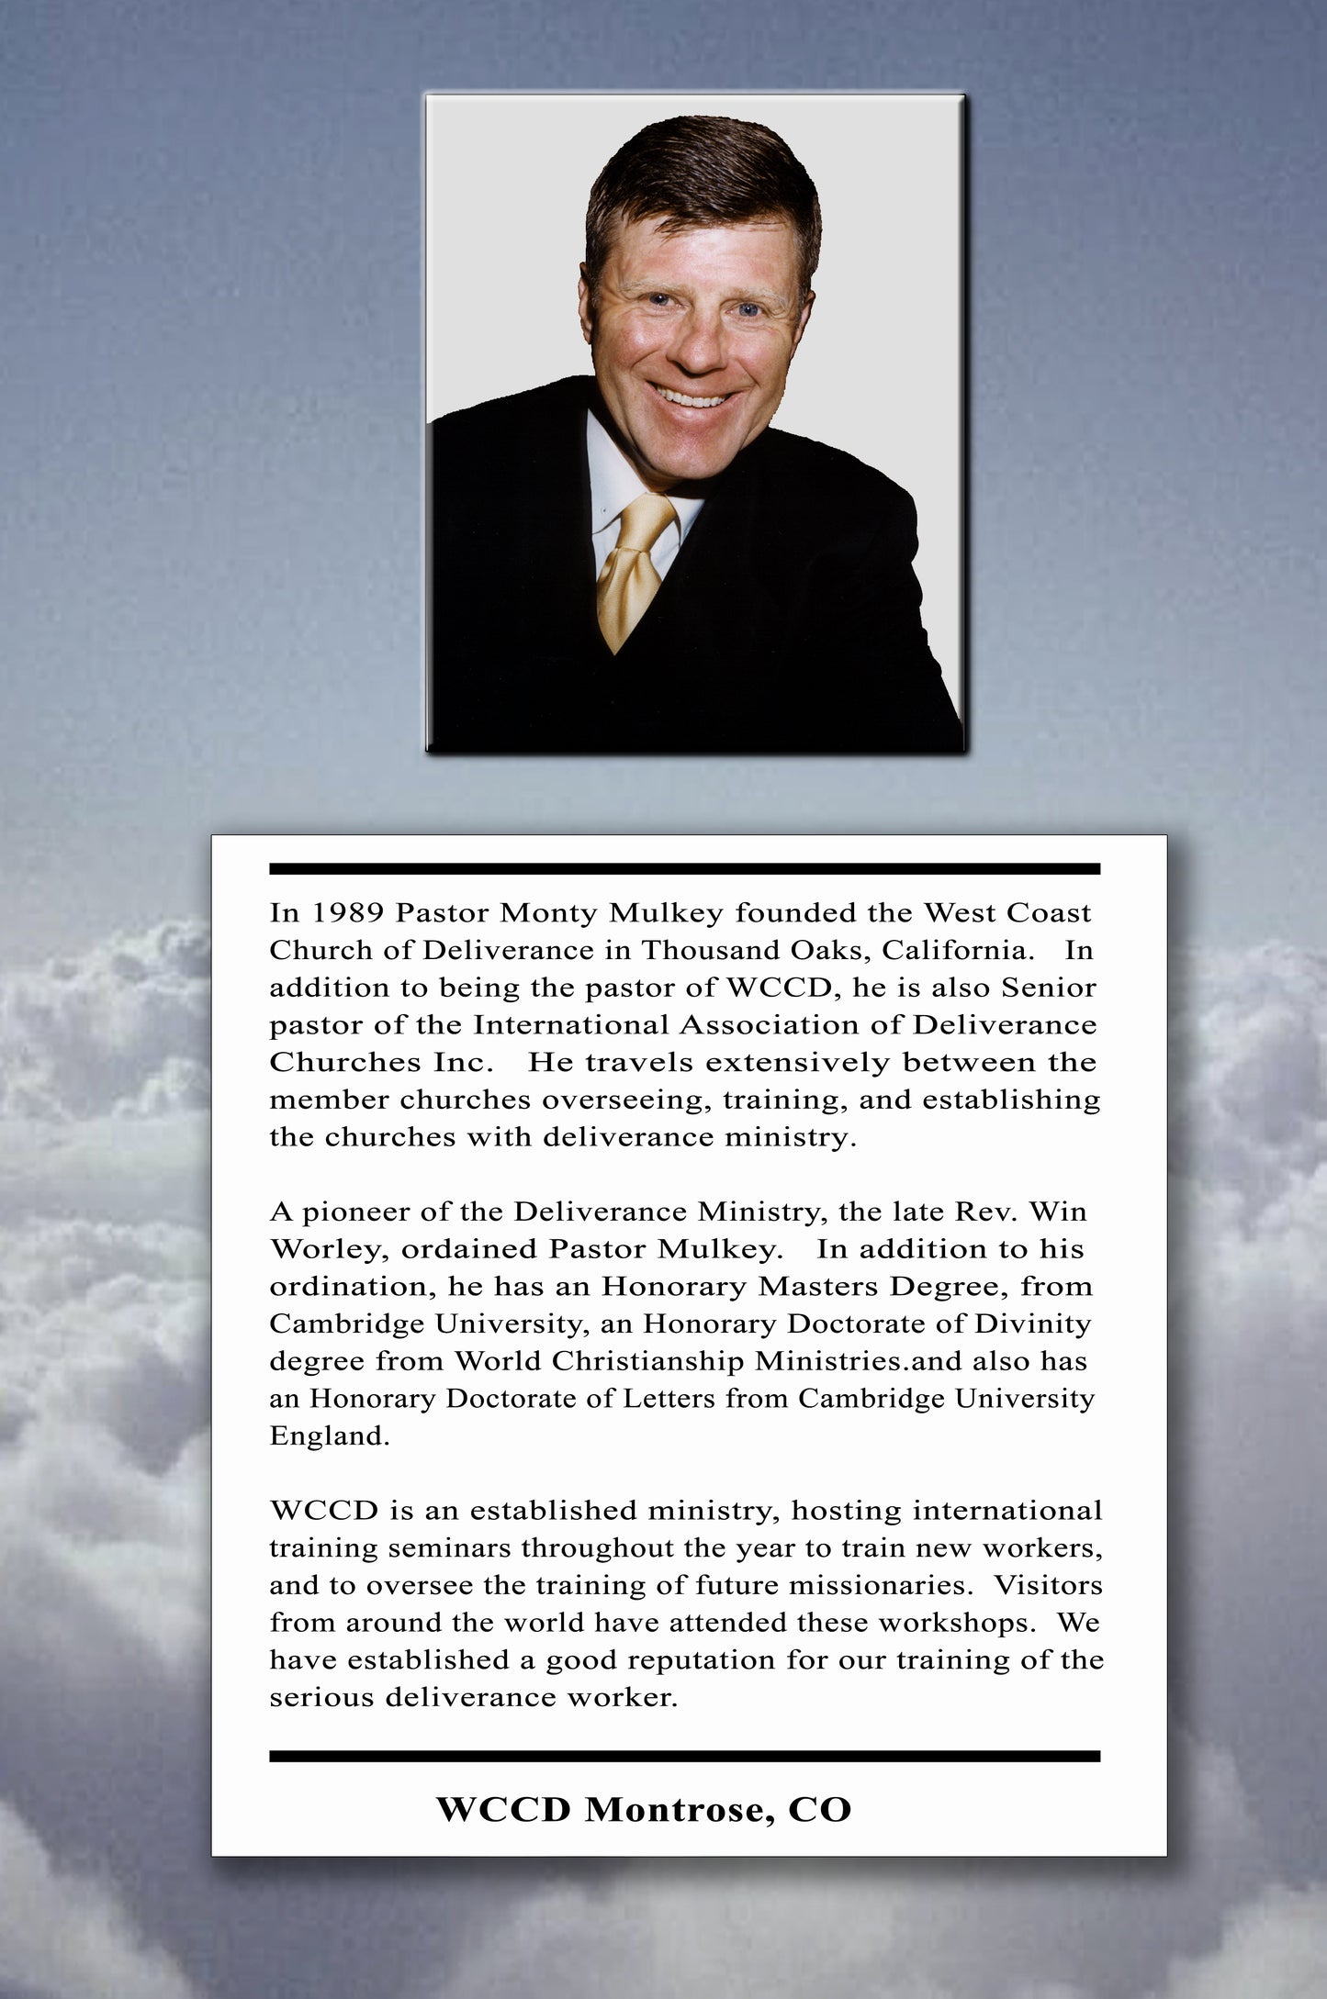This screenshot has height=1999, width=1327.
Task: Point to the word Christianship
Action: click(647, 1362)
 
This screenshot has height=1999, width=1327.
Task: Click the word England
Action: click(329, 1436)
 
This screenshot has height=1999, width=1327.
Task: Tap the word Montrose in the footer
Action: click(673, 1810)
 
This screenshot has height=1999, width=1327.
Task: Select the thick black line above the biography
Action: click(684, 868)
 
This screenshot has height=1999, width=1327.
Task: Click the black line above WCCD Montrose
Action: click(684, 1757)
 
